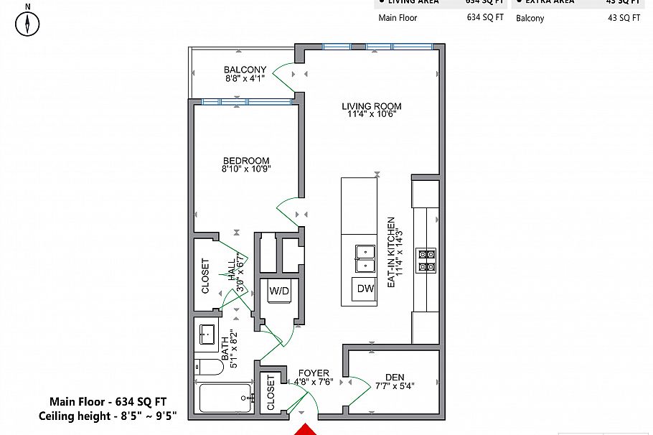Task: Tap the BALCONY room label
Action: (245, 70)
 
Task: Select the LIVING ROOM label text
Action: (371, 107)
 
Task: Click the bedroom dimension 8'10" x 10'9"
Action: (246, 170)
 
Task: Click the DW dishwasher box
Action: (365, 289)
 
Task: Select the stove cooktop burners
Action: (426, 260)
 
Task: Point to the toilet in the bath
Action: (207, 368)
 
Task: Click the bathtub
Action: (225, 398)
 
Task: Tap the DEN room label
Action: (395, 376)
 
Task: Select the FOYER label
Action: (314, 373)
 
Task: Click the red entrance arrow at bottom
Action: (304, 429)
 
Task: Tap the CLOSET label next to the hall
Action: (206, 276)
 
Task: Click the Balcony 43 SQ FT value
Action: (623, 18)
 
